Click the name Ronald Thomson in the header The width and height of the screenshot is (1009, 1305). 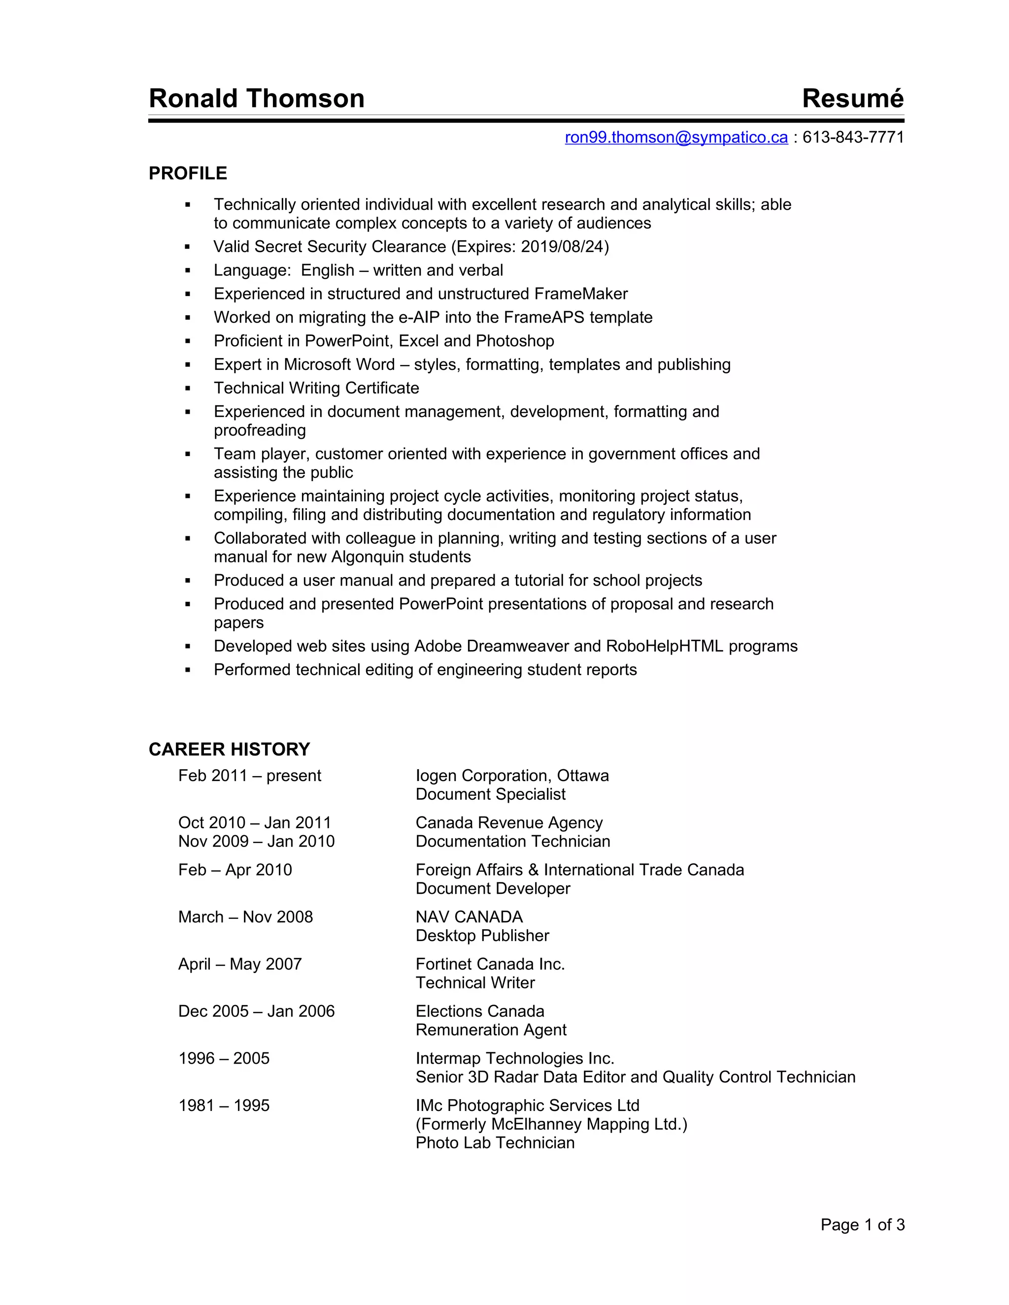[x=256, y=98]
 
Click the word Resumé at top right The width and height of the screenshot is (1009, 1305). [x=852, y=98]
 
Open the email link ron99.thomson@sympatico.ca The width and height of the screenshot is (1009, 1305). [x=676, y=137]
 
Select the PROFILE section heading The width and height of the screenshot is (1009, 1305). [x=188, y=173]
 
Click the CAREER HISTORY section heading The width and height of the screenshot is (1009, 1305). [x=229, y=750]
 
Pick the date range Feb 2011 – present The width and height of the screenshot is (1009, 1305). [x=249, y=776]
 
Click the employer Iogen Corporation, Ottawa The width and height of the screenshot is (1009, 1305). [x=512, y=776]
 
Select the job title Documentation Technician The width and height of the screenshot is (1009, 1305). [x=513, y=841]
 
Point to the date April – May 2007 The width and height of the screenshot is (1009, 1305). [x=240, y=964]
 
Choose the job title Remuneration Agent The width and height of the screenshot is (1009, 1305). [x=491, y=1030]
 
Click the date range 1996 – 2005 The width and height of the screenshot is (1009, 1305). [x=224, y=1058]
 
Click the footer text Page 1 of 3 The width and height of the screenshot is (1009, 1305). [x=862, y=1225]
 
